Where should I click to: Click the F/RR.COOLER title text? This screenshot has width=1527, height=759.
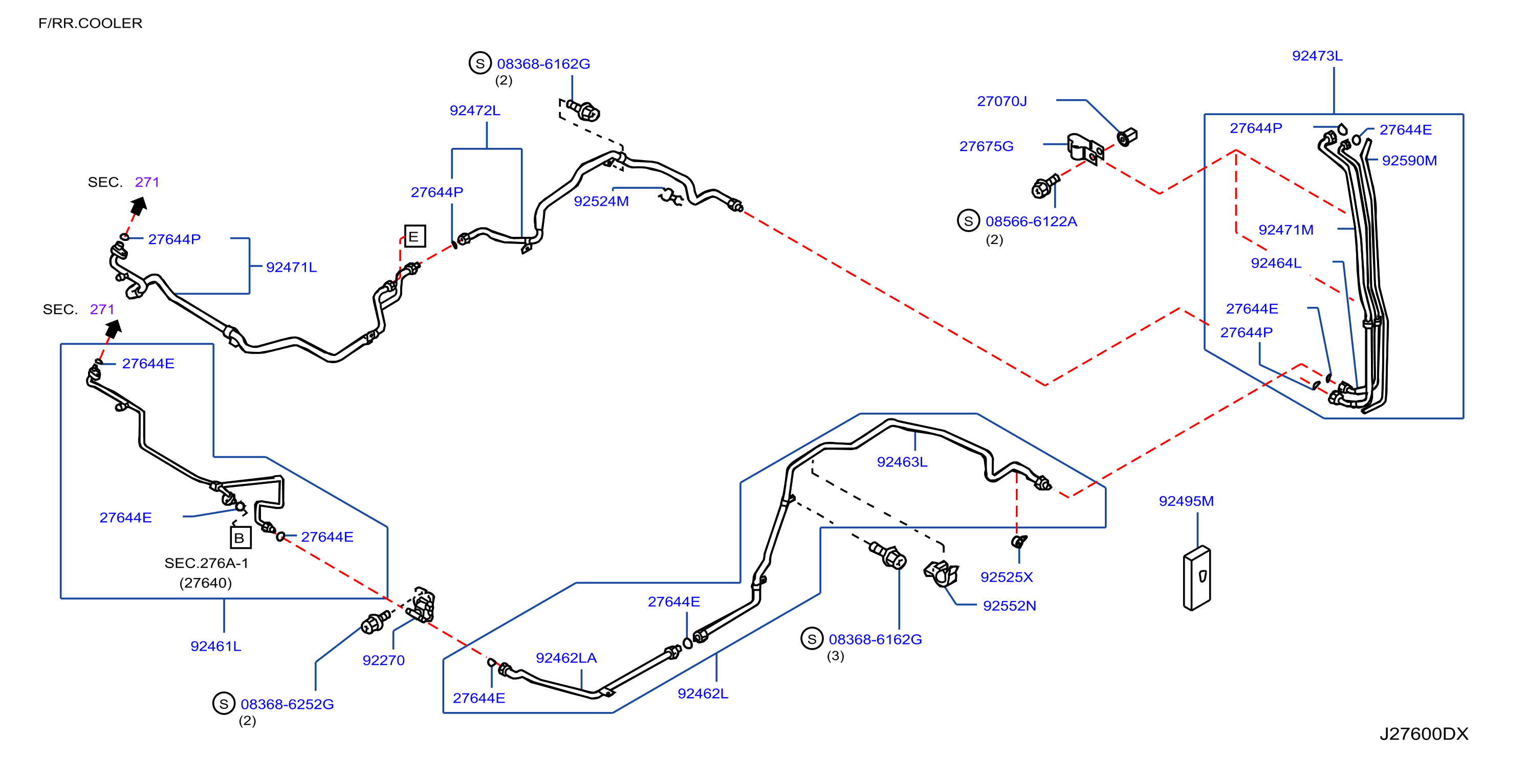90,23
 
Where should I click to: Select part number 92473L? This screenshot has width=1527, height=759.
1317,56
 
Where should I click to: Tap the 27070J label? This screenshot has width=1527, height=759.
1002,101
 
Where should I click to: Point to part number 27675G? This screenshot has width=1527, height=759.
987,146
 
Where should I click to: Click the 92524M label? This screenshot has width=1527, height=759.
601,202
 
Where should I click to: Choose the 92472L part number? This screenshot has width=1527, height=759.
475,111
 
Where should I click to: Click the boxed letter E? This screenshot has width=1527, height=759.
415,237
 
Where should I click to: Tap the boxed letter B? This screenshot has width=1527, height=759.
240,538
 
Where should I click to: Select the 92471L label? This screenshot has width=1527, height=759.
291,267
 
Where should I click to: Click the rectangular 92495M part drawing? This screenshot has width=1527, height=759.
1197,578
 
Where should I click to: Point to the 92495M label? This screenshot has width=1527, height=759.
1186,501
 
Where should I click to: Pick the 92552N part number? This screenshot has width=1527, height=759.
1010,606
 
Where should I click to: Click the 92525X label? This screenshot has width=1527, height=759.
1007,577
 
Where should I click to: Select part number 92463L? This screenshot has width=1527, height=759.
902,462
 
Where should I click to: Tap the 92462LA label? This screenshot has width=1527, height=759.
566,658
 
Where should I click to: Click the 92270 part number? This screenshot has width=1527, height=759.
383,661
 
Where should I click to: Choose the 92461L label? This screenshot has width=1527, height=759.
216,646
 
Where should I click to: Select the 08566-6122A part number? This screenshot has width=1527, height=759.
1031,221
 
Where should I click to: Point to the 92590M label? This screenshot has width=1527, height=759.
1409,161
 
